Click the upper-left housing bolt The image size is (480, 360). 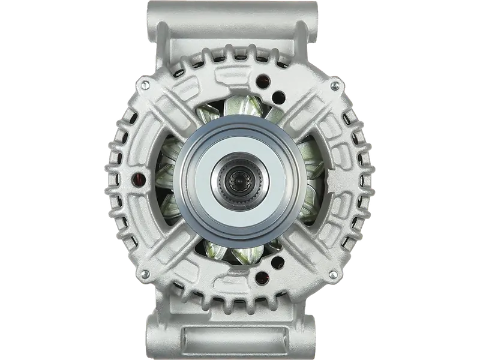point(145,86)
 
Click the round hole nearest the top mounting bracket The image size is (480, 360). point(261,78)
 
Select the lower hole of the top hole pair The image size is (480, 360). point(277,94)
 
